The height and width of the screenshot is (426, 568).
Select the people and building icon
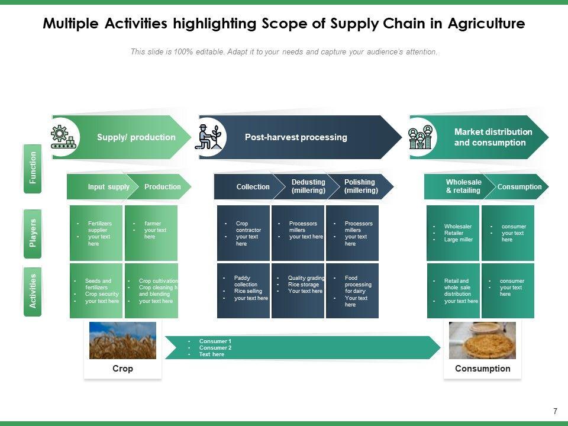420,137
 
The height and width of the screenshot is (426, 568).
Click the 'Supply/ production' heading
136,137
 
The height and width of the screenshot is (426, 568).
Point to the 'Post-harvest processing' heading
296,137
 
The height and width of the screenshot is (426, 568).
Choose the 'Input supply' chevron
108,187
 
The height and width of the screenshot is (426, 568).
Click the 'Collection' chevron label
253,187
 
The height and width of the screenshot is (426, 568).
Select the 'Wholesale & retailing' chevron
463,186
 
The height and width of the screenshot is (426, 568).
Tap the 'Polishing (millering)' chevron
360,186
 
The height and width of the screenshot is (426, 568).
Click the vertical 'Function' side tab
33,168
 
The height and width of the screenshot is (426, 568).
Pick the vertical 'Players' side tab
33,233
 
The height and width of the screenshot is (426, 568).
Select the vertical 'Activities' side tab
33,291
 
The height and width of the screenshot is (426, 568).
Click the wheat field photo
122,340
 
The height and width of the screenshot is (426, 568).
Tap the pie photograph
482,340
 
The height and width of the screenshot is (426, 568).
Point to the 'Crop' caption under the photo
122,369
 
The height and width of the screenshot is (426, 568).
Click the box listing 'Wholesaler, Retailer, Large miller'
453,233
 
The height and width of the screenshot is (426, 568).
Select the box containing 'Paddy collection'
243,291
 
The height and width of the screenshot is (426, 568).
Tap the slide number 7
555,411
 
